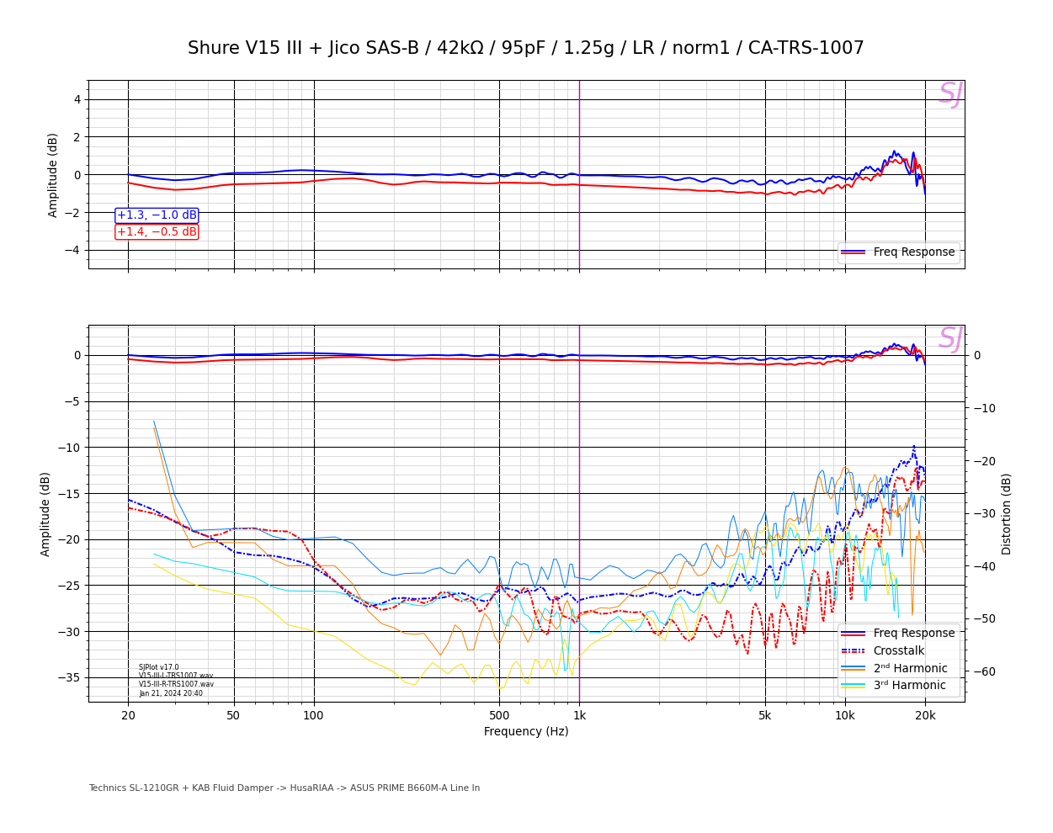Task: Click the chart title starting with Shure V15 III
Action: point(525,49)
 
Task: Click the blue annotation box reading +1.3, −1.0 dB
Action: point(157,215)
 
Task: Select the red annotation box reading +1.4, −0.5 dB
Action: point(157,232)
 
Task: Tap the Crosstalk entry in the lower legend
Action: point(898,651)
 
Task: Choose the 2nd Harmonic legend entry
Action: point(898,669)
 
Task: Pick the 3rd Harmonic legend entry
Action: point(898,686)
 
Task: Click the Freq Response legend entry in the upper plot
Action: point(898,252)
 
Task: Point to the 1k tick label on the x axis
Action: point(579,716)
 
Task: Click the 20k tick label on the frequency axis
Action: point(925,716)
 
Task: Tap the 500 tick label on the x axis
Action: point(499,716)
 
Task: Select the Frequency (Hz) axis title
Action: point(526,732)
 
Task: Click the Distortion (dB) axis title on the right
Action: point(1007,513)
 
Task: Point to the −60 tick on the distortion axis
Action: point(984,671)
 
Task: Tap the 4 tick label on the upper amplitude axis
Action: point(77,99)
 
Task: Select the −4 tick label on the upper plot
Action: point(72,250)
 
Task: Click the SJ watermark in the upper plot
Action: point(950,94)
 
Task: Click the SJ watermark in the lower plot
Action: point(950,339)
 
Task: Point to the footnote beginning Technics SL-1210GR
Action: point(284,788)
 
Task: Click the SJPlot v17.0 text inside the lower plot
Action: point(159,667)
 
